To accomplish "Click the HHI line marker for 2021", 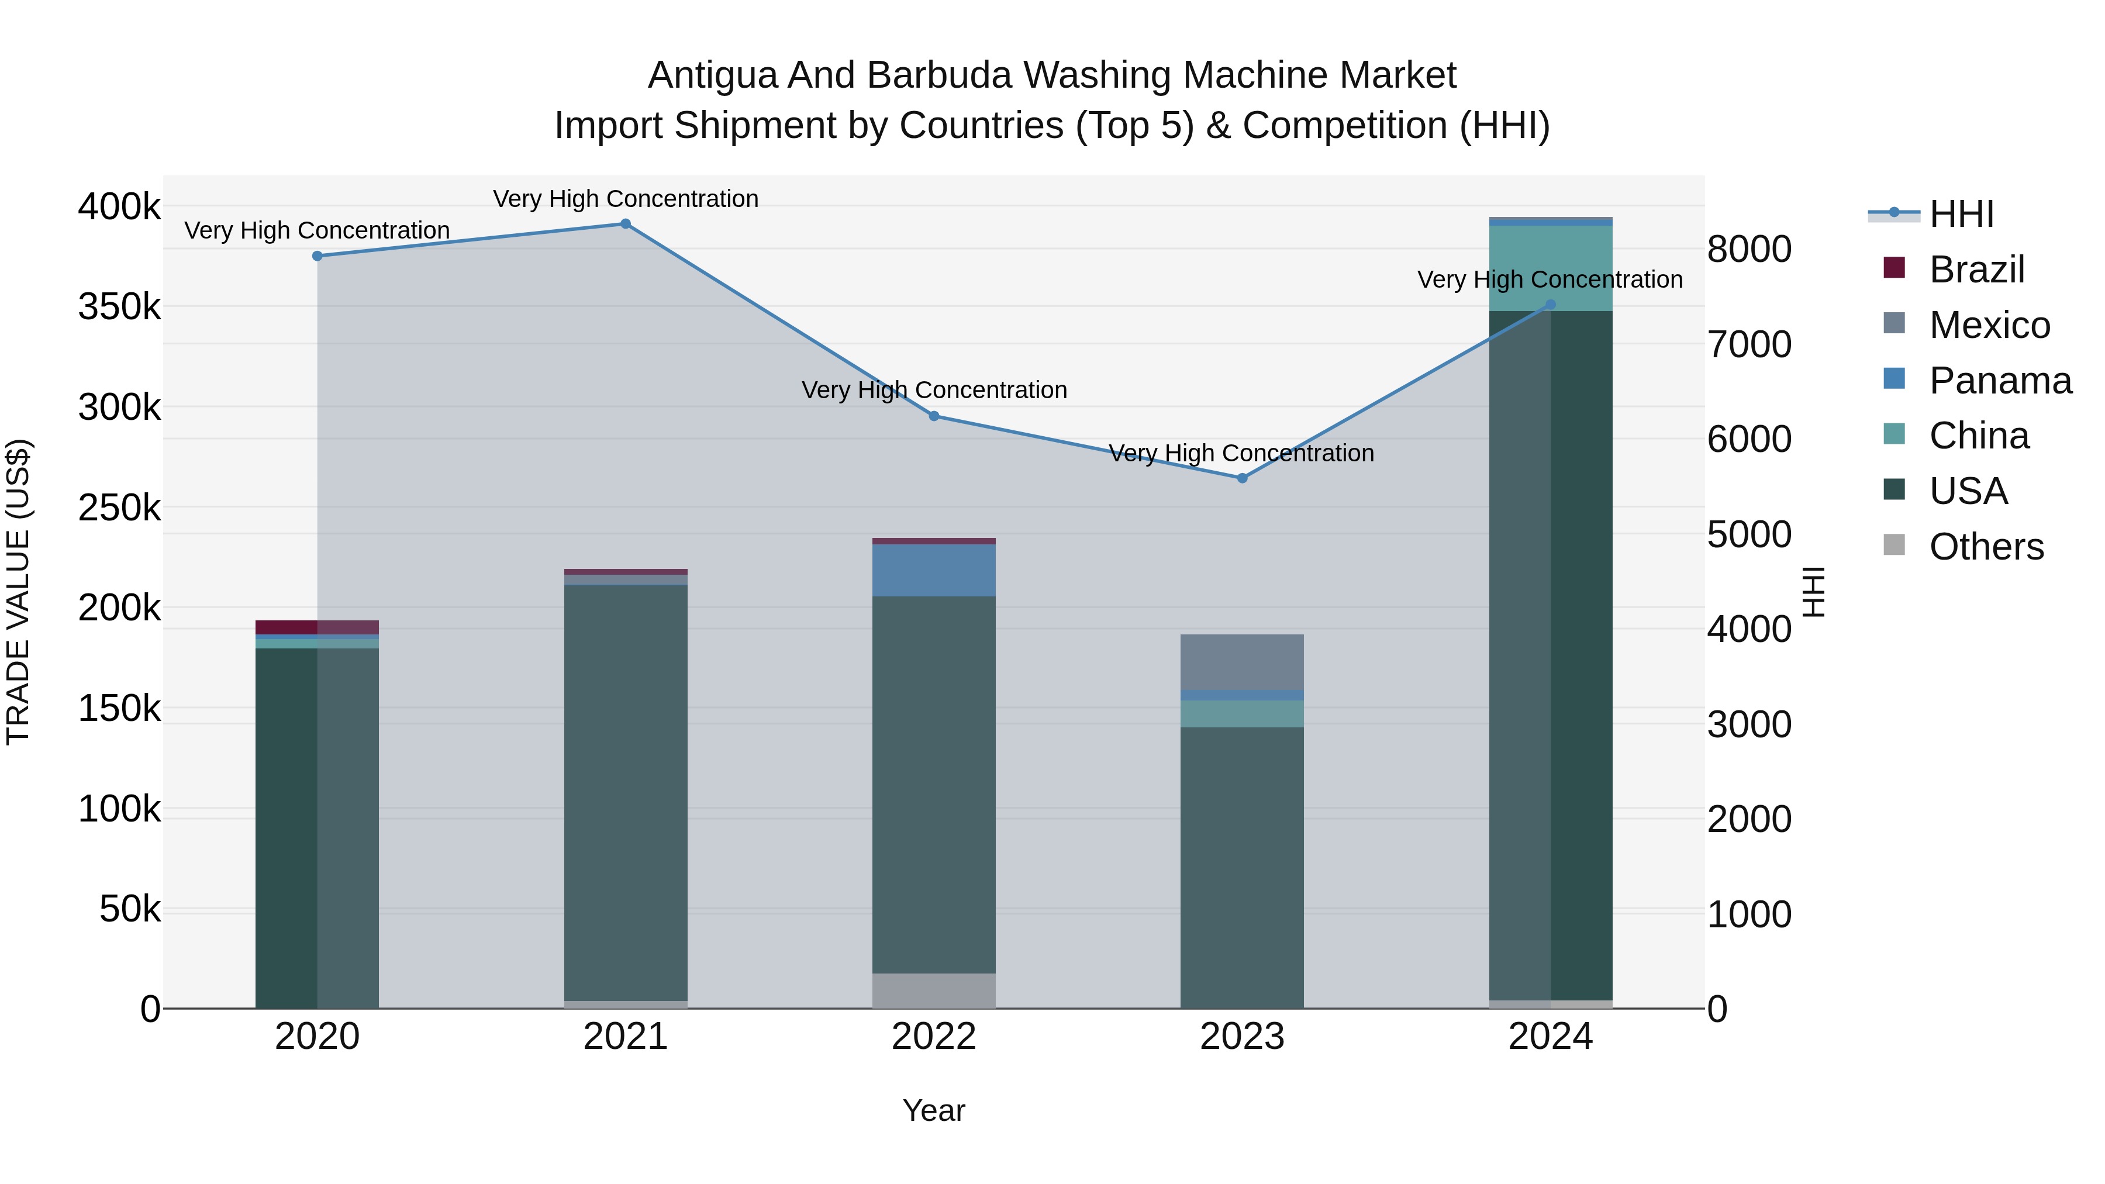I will (625, 224).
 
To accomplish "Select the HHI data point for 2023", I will (1242, 478).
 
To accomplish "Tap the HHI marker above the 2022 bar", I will (934, 416).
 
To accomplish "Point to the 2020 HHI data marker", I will (317, 256).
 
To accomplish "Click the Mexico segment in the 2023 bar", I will (1242, 662).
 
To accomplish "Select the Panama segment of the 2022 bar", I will (934, 570).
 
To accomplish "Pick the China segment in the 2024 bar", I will (1550, 268).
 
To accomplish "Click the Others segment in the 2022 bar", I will (934, 990).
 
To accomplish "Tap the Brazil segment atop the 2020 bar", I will (317, 627).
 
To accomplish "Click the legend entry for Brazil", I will (1976, 270).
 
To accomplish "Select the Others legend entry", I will (1986, 547).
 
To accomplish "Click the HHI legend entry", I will (1961, 214).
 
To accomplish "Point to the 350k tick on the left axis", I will (119, 307).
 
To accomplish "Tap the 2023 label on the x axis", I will (1242, 1037).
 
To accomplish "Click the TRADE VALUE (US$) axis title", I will (18, 592).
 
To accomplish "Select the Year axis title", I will (934, 1110).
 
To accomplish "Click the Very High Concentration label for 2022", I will (934, 391).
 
